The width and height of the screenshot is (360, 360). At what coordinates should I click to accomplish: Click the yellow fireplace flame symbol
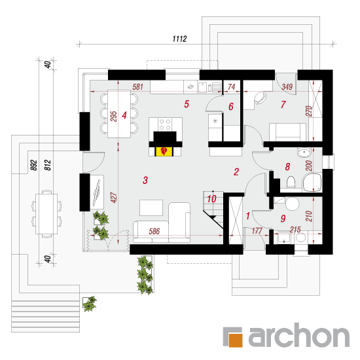point(164,152)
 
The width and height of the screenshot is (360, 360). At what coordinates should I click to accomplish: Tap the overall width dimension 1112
point(179,39)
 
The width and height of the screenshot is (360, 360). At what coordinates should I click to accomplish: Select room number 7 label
point(283,105)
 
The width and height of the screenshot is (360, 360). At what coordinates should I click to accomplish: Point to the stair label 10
point(211,199)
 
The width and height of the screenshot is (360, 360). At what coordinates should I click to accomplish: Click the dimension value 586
point(154,231)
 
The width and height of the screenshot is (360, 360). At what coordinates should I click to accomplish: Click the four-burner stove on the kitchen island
point(165,124)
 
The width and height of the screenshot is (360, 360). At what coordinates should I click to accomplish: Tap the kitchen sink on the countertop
point(202,87)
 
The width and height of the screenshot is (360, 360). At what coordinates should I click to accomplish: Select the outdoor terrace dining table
point(46,214)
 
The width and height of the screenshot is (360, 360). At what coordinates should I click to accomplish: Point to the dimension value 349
point(287,87)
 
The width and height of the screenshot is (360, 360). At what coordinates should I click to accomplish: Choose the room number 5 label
point(187,104)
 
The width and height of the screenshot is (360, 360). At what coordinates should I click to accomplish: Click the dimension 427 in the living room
point(114,198)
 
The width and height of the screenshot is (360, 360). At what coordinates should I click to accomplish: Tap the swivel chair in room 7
point(260,98)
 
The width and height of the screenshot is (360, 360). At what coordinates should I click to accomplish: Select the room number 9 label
point(283,219)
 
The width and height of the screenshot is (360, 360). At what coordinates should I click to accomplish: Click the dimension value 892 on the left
point(33,165)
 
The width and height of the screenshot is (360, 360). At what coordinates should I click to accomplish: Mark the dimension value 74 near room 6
point(232,87)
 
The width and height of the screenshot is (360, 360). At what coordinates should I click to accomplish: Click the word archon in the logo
point(299,335)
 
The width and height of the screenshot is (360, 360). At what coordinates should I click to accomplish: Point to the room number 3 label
point(145,180)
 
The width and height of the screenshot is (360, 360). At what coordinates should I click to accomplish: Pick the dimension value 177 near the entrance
point(257,230)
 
